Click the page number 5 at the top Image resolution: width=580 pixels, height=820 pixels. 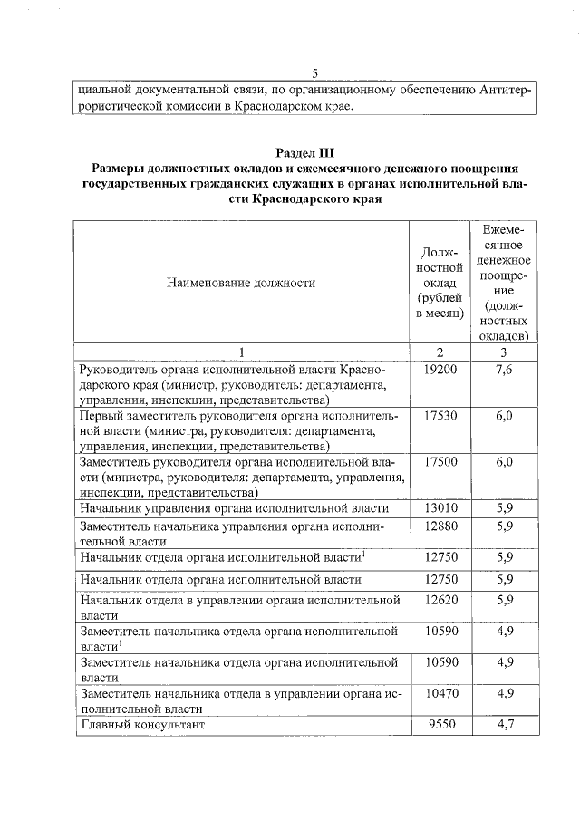coord(314,73)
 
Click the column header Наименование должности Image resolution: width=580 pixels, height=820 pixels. coord(241,282)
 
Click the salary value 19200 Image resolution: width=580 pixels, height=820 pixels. coord(440,371)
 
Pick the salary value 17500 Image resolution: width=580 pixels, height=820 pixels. coord(440,462)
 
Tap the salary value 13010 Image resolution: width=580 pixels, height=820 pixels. coord(440,509)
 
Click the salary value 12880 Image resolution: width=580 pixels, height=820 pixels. coord(440,526)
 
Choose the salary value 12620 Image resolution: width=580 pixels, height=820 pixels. coord(440,599)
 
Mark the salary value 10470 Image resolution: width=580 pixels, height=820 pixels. coord(440,693)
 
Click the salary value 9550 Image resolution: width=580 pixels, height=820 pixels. coord(440,726)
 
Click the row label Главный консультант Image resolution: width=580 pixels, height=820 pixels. coord(143,726)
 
